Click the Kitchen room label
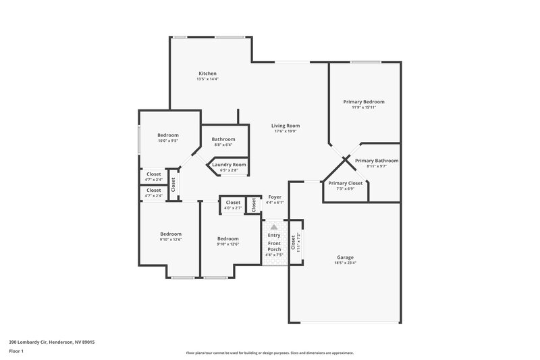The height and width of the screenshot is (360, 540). [207, 73]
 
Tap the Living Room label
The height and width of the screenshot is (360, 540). [286, 126]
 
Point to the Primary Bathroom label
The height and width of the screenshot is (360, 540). [382, 161]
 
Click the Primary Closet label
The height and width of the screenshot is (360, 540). [345, 183]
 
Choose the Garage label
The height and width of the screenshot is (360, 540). [345, 257]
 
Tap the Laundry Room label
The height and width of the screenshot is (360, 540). [230, 165]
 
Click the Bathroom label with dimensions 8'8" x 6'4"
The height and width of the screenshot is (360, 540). [223, 139]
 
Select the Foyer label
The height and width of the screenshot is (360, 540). [275, 197]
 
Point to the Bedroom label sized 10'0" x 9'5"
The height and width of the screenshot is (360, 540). [167, 135]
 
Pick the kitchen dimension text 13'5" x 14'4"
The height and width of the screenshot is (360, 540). [207, 79]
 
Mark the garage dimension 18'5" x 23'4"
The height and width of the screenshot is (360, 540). [345, 263]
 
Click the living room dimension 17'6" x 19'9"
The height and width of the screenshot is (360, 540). [286, 132]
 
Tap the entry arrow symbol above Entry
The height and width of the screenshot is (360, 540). [274, 228]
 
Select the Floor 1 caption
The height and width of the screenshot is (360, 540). [16, 351]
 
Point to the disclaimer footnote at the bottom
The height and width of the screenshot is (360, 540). [269, 353]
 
